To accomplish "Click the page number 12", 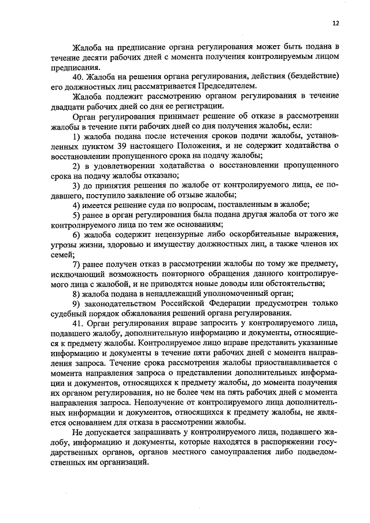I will click(335, 24).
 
